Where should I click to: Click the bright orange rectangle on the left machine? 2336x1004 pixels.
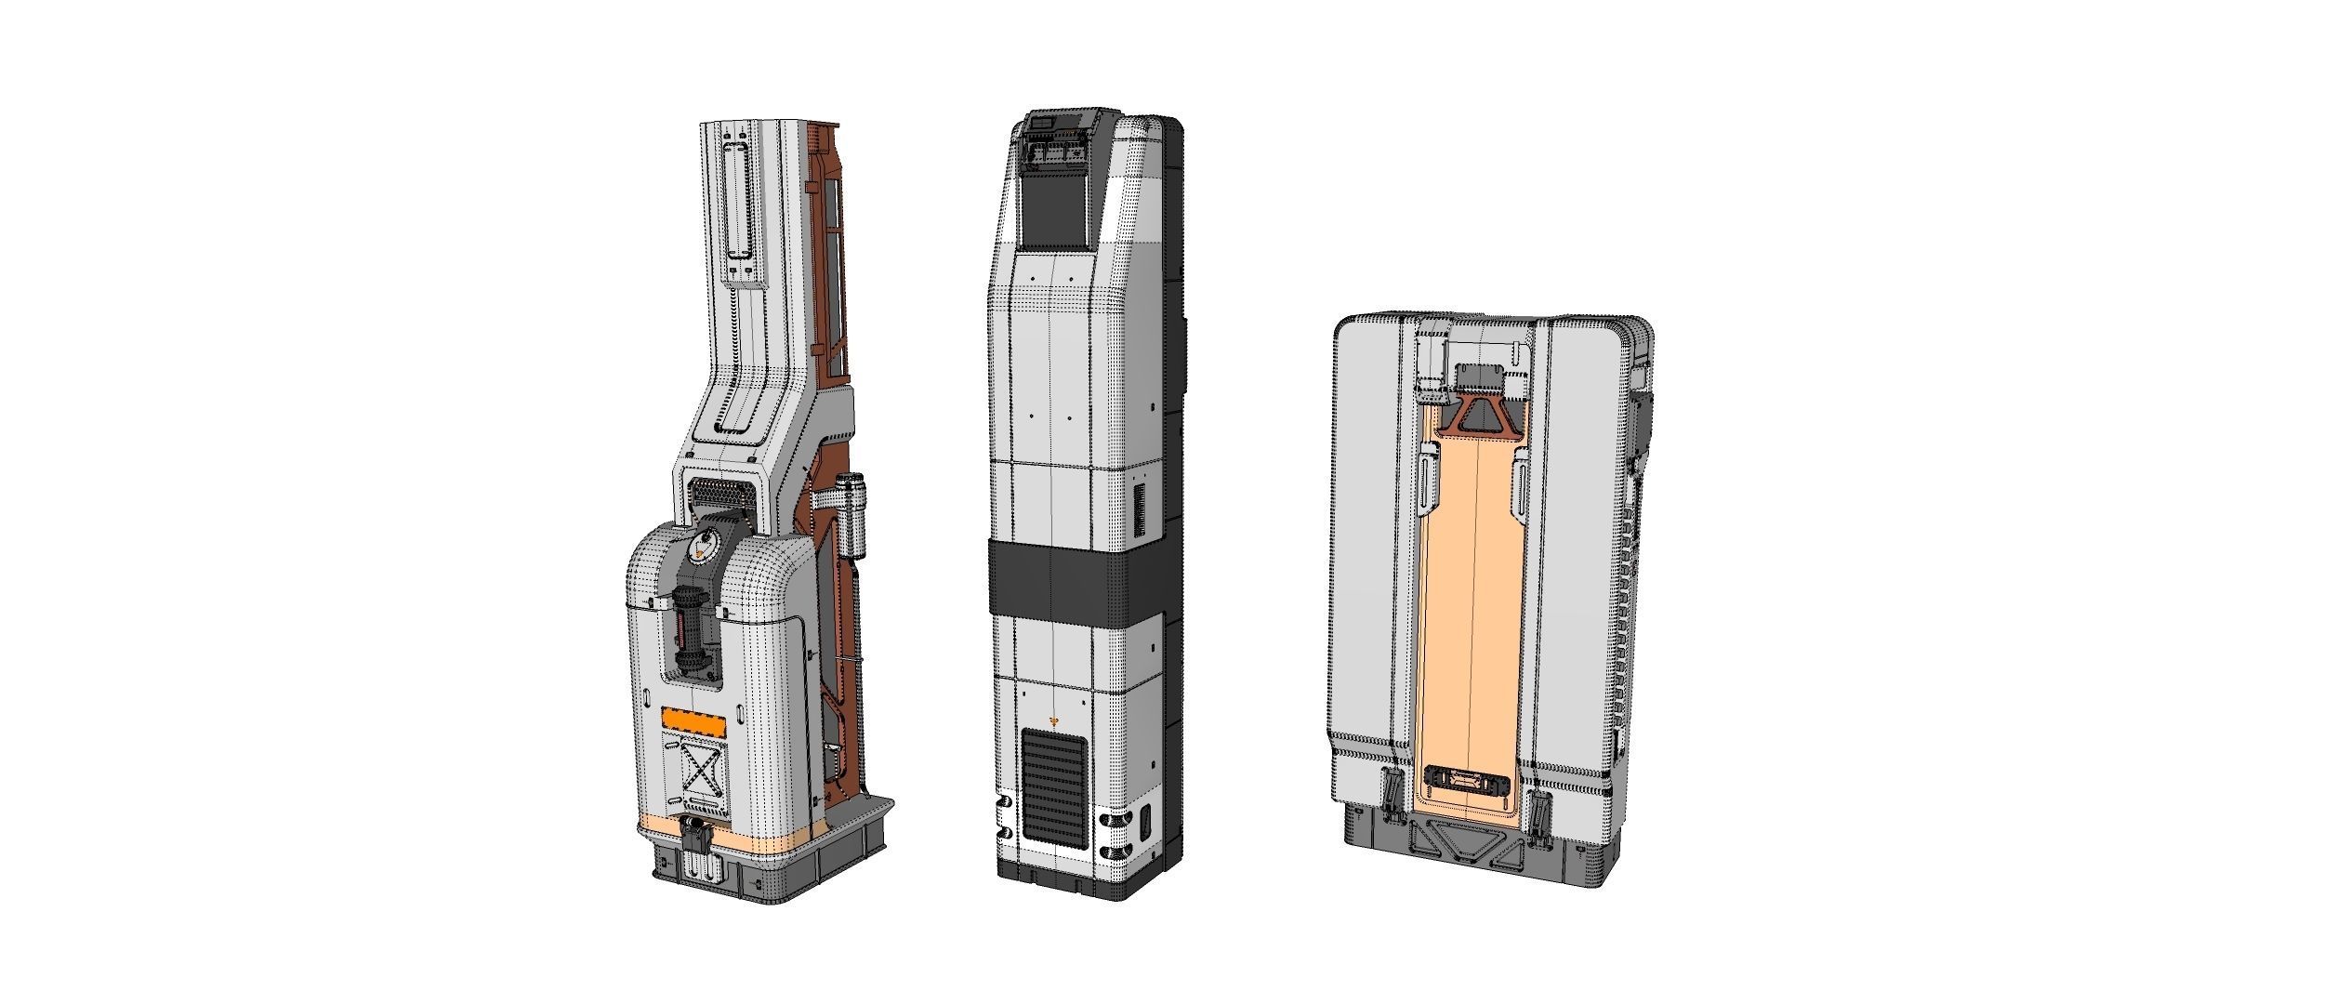[x=692, y=720]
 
